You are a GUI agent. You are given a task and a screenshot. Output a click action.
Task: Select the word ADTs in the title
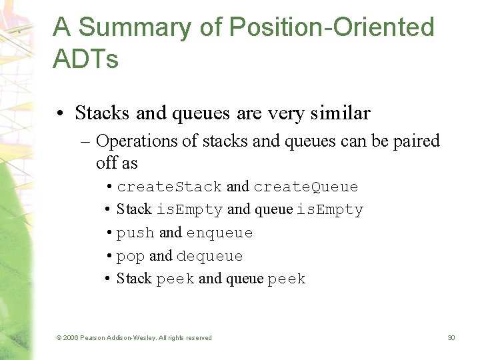(85, 59)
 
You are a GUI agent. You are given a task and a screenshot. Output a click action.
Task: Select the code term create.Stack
(169, 187)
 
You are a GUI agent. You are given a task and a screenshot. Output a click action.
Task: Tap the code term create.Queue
(306, 187)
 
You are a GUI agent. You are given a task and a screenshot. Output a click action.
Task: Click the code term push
(135, 233)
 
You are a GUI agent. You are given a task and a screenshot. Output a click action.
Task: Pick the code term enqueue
(219, 233)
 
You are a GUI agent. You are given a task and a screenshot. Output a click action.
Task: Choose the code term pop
(131, 256)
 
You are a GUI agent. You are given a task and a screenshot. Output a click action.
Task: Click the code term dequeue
(209, 256)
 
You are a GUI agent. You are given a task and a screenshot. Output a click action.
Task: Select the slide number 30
(451, 338)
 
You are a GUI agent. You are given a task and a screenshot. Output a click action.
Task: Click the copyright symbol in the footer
(59, 338)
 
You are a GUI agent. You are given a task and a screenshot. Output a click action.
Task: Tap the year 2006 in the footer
(71, 338)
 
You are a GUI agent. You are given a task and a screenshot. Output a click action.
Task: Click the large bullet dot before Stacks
(61, 114)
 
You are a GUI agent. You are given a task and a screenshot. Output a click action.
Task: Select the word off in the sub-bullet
(105, 162)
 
